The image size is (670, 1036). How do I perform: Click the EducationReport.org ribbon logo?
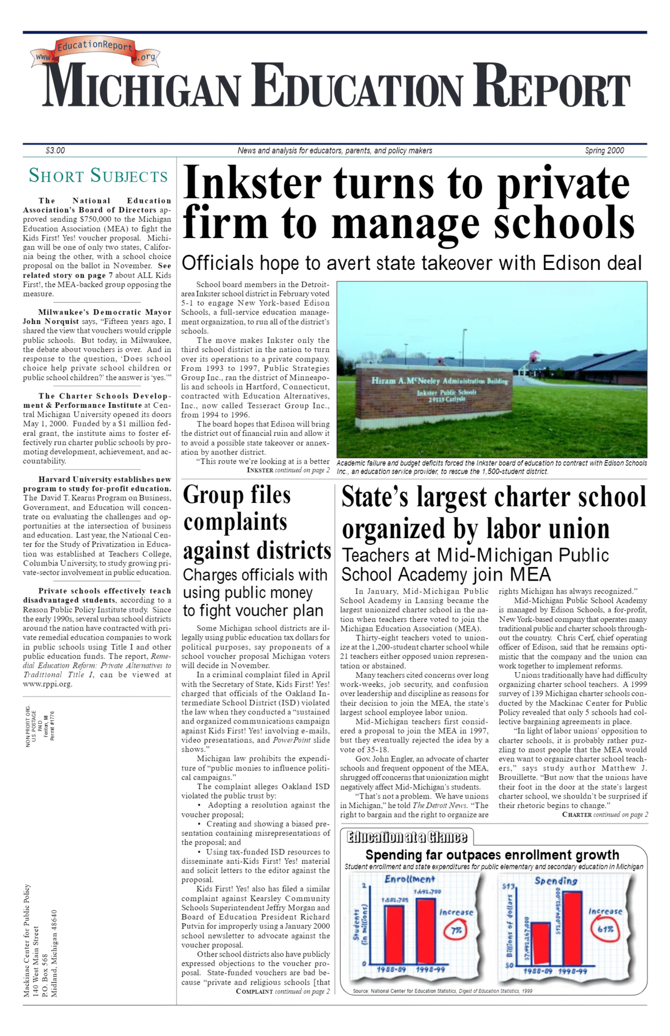click(95, 51)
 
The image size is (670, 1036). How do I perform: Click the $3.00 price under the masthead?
click(55, 150)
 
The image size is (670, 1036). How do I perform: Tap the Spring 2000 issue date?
click(604, 150)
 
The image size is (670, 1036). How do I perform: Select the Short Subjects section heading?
click(98, 176)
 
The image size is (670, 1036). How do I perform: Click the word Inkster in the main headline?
click(252, 184)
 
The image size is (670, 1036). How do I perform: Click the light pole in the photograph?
click(463, 346)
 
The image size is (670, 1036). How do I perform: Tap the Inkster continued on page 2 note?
click(288, 470)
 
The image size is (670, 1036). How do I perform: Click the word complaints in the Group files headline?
click(235, 522)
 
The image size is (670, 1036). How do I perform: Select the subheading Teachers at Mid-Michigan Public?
click(475, 555)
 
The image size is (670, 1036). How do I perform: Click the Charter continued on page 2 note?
click(605, 815)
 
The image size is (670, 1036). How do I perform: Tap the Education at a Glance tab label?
click(407, 837)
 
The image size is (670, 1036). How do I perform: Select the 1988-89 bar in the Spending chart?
click(540, 944)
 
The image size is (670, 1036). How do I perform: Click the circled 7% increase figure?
click(456, 930)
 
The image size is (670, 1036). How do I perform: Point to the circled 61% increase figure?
click(605, 929)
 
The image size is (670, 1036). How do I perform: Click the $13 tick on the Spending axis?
click(508, 887)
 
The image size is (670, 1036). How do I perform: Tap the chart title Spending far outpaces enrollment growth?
click(492, 854)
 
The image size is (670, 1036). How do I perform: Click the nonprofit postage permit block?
click(40, 726)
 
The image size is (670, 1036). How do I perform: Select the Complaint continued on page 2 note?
click(283, 991)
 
